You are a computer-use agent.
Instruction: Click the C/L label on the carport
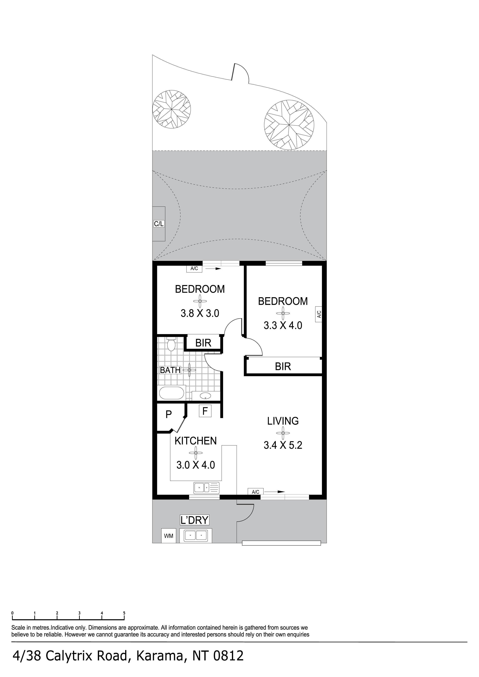[x=159, y=224]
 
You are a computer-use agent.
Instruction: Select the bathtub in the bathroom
[x=172, y=393]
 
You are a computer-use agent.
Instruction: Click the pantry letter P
[x=169, y=415]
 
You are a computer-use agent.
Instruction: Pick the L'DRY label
[x=194, y=520]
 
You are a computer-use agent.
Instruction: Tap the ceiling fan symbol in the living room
[x=283, y=433]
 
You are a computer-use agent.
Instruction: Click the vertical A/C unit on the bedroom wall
[x=318, y=314]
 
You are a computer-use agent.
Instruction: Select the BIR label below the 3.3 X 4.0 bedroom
[x=283, y=366]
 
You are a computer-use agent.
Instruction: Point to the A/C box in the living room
[x=256, y=492]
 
